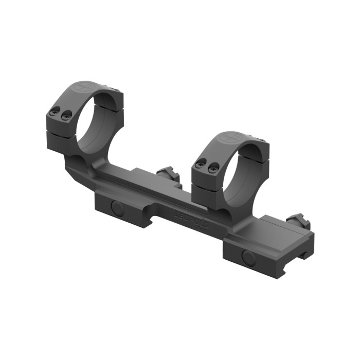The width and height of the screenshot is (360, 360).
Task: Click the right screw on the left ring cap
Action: [x=65, y=117]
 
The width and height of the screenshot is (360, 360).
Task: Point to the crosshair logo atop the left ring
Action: [x=82, y=87]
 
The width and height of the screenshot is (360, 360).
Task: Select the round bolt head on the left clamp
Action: [x=118, y=208]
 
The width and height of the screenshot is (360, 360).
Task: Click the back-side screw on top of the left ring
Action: [x=118, y=91]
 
